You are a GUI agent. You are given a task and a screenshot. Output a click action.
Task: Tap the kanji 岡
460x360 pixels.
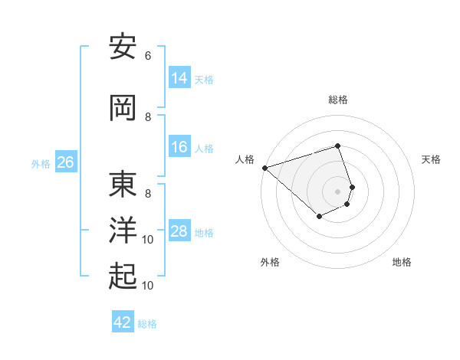click(123, 108)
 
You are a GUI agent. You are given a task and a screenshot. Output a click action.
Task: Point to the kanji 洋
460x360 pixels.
click(123, 231)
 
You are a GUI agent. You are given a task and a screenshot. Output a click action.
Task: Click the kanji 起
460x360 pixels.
click(123, 277)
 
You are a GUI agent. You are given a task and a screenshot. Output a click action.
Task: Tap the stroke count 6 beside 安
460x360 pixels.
click(148, 56)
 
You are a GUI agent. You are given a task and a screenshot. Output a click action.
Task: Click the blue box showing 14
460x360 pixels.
click(179, 77)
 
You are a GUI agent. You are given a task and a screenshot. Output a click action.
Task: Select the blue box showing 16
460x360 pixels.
click(179, 147)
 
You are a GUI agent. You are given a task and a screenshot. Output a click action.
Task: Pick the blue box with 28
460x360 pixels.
click(179, 231)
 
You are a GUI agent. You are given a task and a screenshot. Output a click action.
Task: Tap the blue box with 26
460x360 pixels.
click(66, 162)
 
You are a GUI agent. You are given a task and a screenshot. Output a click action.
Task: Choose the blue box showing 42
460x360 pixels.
click(123, 322)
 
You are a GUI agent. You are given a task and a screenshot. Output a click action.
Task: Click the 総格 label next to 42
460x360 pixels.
click(148, 324)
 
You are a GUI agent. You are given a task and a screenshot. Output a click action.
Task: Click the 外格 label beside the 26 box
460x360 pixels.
click(41, 164)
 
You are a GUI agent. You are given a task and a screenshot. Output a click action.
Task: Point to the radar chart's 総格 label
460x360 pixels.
click(338, 100)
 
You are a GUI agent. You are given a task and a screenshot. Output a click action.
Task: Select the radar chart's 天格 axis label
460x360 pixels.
click(432, 159)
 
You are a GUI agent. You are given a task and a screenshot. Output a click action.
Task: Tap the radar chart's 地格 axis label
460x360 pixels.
click(402, 262)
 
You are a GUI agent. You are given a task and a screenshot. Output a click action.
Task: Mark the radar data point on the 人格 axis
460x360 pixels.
click(264, 167)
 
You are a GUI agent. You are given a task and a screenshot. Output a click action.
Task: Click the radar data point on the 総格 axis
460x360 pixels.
click(338, 146)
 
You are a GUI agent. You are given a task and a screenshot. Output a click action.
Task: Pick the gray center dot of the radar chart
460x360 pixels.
click(338, 191)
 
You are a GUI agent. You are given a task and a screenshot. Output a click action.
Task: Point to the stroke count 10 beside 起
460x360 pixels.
click(148, 286)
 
